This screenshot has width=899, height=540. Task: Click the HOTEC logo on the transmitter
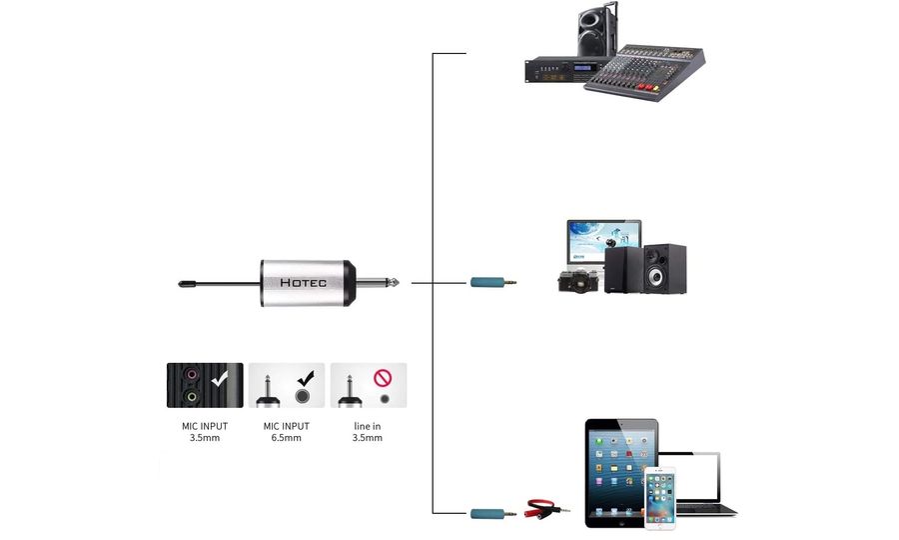click(x=303, y=283)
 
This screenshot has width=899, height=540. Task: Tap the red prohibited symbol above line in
click(x=383, y=377)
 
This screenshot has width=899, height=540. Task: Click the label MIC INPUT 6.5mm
click(x=287, y=432)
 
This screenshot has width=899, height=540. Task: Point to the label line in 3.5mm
click(x=368, y=432)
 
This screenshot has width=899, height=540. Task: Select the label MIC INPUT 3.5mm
click(x=205, y=432)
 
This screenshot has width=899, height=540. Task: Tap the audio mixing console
click(x=644, y=72)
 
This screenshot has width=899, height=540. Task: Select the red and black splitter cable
click(x=547, y=509)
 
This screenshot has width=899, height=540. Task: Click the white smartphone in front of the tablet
click(x=659, y=497)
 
